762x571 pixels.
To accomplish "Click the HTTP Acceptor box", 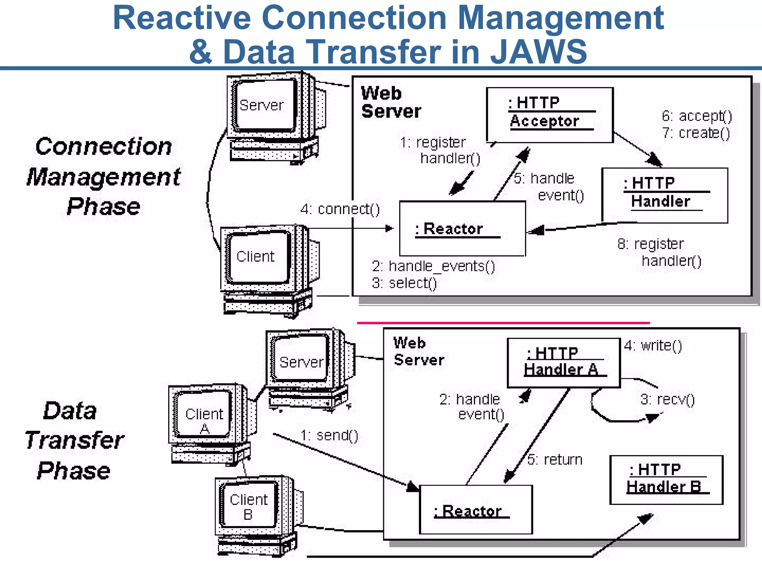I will pos(550,115).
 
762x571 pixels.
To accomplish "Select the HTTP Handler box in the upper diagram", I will pos(665,195).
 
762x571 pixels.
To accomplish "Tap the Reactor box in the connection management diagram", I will pos(462,229).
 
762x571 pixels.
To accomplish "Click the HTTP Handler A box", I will pos(563,363).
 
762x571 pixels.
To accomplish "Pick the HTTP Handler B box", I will pos(666,480).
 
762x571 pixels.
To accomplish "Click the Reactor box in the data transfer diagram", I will pos(476,510).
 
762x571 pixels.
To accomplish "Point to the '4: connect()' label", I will pos(340,209).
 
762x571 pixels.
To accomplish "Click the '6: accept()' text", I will pos(697,116).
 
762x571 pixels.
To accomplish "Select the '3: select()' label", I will pos(404,283).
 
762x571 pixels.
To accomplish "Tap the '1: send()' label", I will pos(329,435).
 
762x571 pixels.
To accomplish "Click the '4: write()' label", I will pos(653,346).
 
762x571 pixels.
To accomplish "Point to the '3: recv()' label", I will pos(667,400).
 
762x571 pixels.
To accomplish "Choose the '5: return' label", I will pos(555,460).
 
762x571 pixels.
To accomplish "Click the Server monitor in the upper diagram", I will pos(262,106).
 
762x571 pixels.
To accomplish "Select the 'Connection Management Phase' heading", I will pos(103,176).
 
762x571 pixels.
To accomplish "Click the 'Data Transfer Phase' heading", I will pos(74,441).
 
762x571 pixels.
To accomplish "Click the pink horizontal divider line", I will pos(503,323).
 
